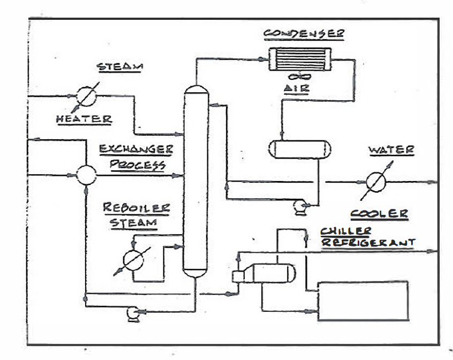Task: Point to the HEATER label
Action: click(x=84, y=119)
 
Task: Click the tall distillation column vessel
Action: click(x=194, y=182)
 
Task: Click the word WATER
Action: click(x=391, y=150)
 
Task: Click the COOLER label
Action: click(x=379, y=214)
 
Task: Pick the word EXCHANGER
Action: click(x=134, y=149)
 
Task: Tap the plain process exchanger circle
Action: click(x=86, y=175)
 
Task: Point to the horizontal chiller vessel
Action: click(x=268, y=273)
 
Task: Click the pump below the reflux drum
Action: click(x=299, y=207)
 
